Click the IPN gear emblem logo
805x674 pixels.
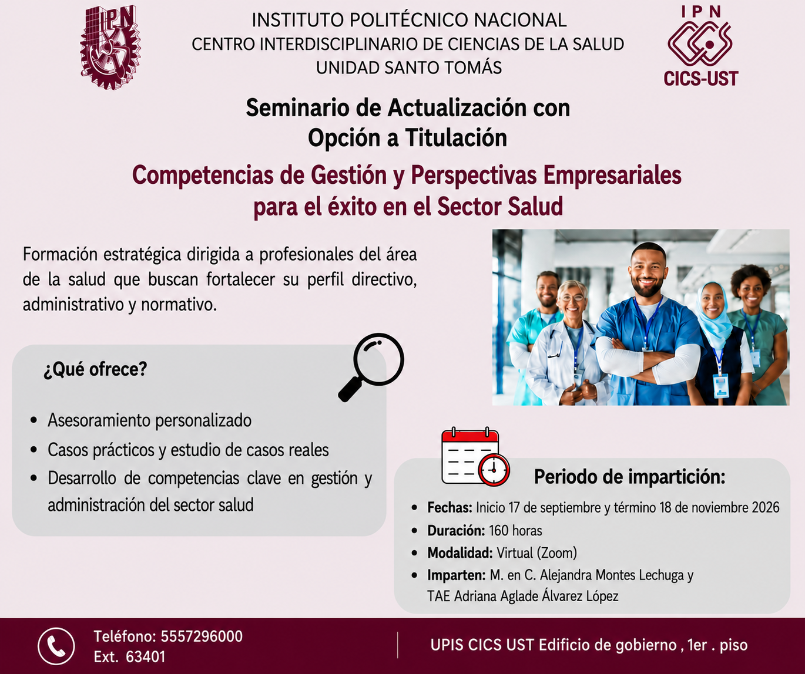pos(110,47)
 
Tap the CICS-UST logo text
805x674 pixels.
pos(700,79)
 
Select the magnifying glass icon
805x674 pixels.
pos(371,368)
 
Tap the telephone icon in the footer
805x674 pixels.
pos(56,646)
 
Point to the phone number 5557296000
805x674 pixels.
pos(202,636)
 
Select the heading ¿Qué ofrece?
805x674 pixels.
pos(95,369)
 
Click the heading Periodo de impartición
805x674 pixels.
pos(629,477)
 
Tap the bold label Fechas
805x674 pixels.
pos(450,508)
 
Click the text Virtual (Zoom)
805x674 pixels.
pos(536,553)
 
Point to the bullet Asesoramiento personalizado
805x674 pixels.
pos(150,420)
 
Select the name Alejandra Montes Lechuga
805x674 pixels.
pos(606,575)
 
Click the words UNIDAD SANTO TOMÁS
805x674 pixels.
pos(409,68)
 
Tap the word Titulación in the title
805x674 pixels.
pos(456,138)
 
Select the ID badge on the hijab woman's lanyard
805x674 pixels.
pos(720,386)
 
